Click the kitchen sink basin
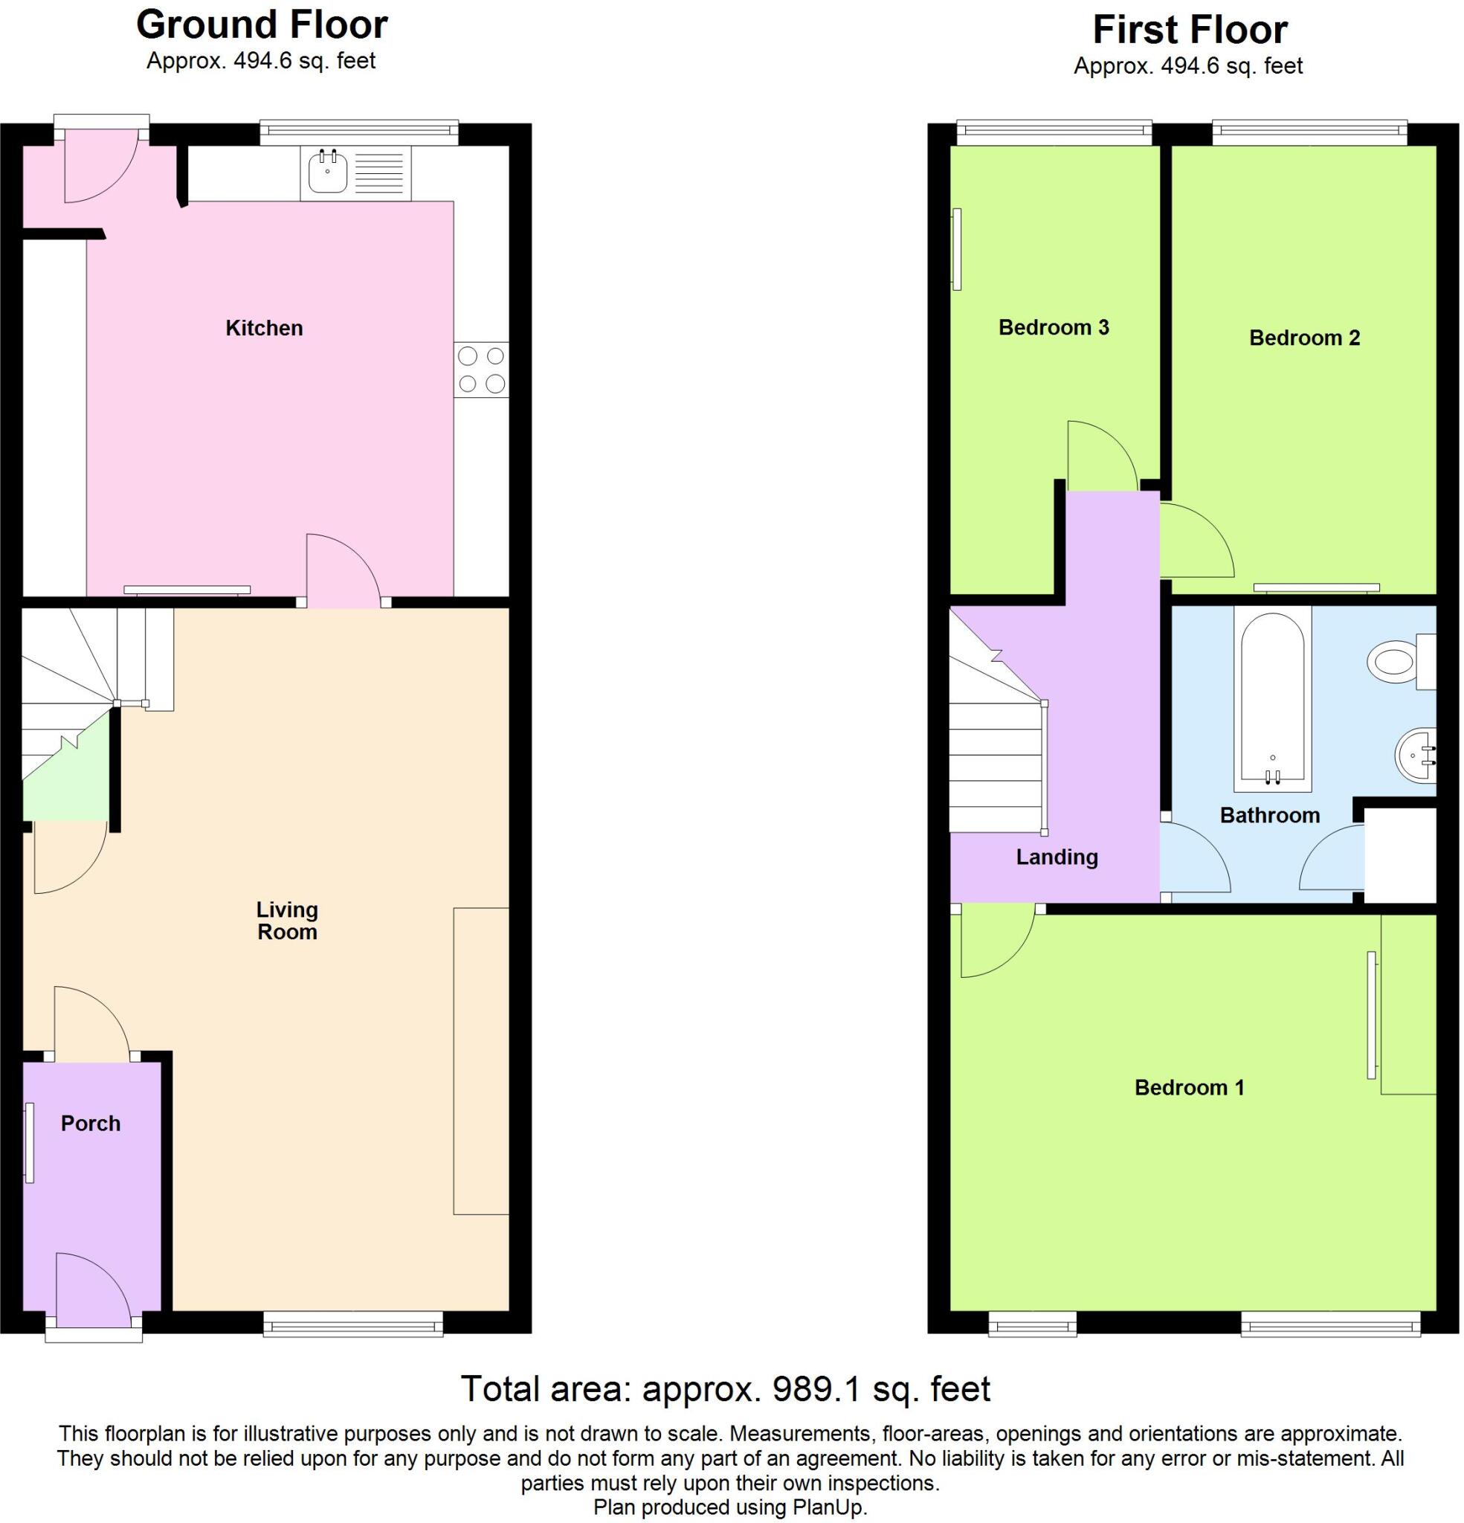[x=327, y=173]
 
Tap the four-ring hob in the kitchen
[x=481, y=370]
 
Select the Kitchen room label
[x=263, y=328]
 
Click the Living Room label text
[x=287, y=921]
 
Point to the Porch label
[x=90, y=1124]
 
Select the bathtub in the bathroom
[x=1272, y=699]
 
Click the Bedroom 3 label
[x=1053, y=327]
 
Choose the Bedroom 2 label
[x=1304, y=338]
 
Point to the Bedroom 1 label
[x=1189, y=1088]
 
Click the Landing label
[x=1056, y=857]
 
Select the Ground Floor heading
[x=262, y=25]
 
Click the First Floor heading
[x=1190, y=30]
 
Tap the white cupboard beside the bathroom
[x=1399, y=855]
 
